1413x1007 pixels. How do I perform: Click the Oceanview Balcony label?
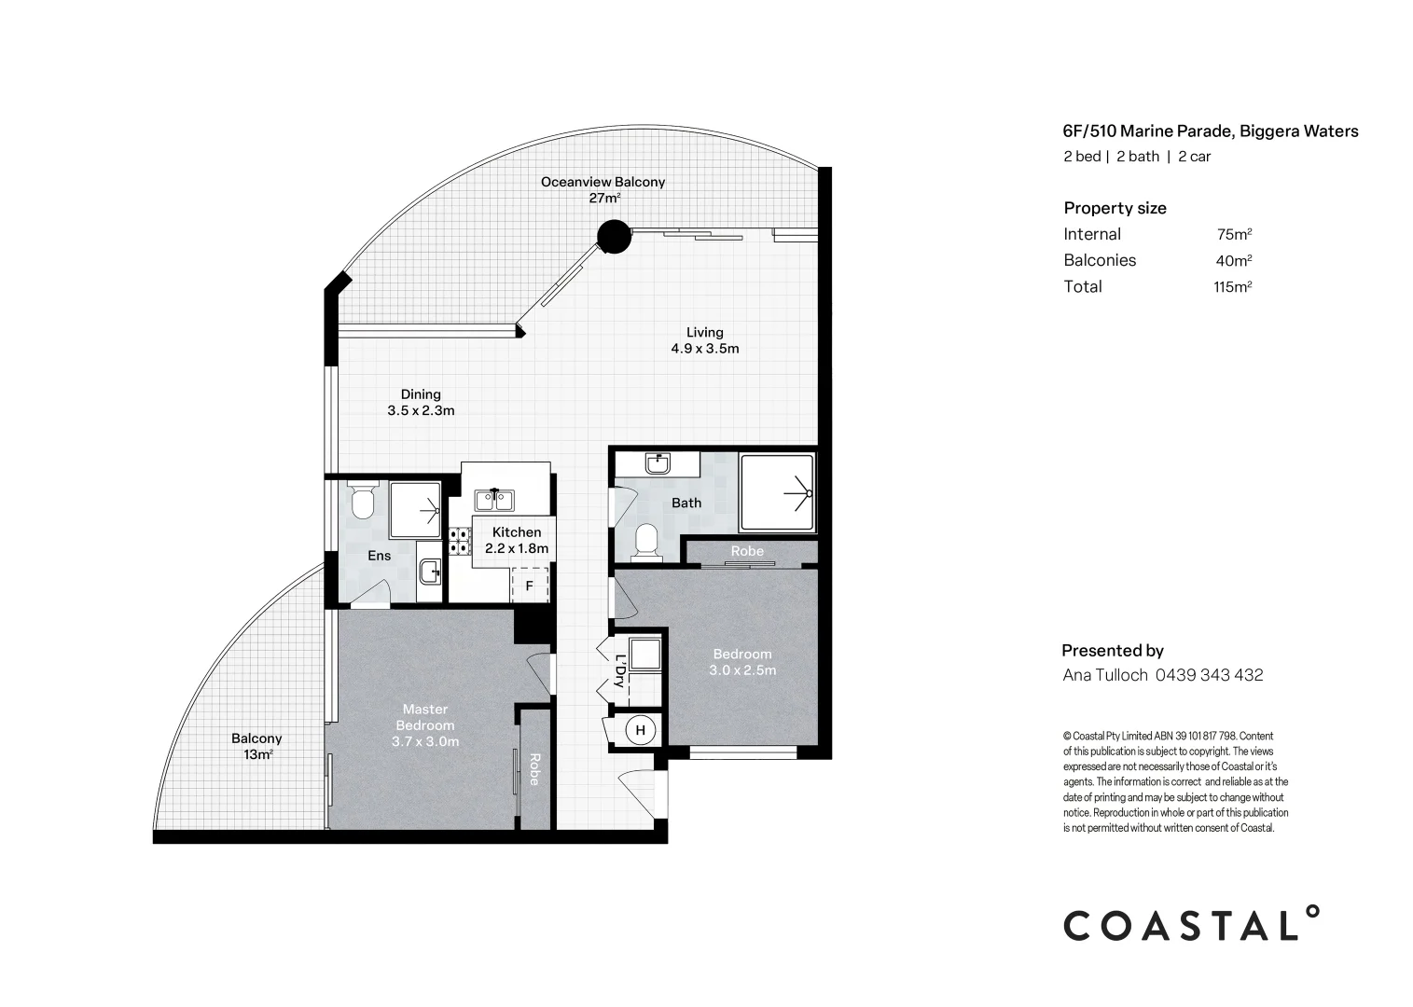click(603, 189)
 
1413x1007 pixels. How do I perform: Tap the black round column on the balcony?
click(613, 236)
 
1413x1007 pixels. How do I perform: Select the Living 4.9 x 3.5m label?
click(704, 340)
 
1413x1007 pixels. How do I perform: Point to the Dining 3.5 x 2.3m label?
click(421, 402)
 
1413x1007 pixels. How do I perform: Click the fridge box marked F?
click(529, 586)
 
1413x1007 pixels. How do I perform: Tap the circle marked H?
click(640, 730)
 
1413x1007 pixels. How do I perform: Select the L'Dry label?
click(620, 670)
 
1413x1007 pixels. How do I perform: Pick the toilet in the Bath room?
click(644, 544)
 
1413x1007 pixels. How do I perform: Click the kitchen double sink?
click(492, 501)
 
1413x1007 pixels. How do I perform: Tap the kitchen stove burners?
click(459, 542)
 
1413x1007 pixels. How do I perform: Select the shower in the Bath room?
click(776, 493)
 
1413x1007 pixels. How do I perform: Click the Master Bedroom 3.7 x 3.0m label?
click(425, 725)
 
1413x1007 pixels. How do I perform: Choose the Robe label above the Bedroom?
click(747, 551)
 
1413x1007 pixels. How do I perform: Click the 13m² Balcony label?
click(256, 747)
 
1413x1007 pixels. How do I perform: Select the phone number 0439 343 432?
click(1210, 675)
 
